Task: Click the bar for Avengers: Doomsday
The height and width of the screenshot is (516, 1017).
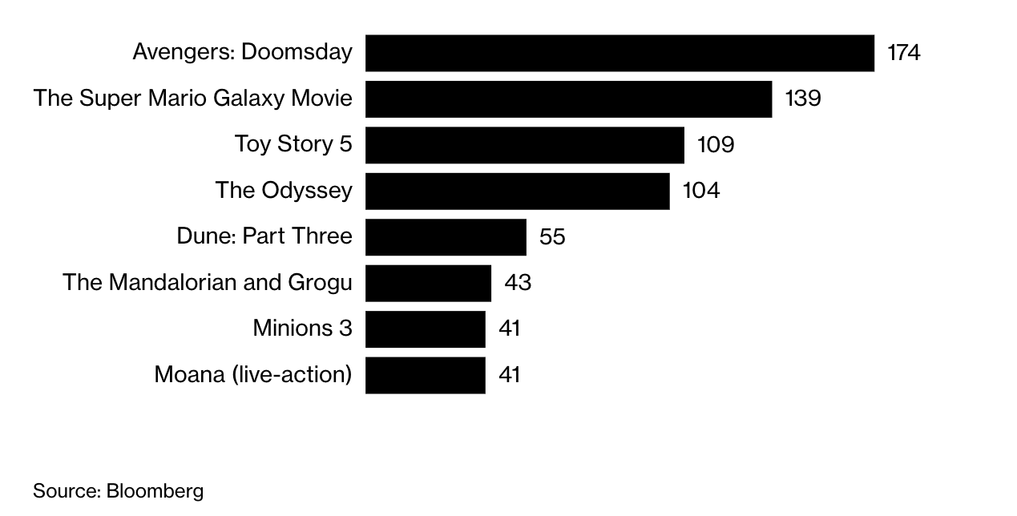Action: point(619,53)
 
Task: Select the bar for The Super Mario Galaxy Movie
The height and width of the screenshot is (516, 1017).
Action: point(568,99)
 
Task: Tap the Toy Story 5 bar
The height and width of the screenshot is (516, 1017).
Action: point(525,145)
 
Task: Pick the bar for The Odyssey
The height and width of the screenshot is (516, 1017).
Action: point(517,191)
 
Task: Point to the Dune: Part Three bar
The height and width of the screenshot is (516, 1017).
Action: point(446,237)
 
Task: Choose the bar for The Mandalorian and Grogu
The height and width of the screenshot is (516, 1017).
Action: point(428,283)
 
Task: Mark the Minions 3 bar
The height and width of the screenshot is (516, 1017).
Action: point(425,329)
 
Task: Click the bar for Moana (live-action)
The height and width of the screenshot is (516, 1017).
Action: point(425,375)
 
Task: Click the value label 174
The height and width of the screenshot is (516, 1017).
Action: point(903,53)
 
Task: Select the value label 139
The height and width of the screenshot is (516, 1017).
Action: point(803,99)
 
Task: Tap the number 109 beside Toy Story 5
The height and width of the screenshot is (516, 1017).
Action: point(716,145)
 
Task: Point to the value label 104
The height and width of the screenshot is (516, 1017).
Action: point(700,191)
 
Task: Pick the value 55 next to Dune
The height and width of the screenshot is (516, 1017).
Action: point(552,237)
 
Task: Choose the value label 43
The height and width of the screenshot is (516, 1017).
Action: point(518,283)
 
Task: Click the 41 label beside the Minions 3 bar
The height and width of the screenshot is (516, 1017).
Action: point(509,329)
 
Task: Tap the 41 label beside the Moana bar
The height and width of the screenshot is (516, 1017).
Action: point(509,375)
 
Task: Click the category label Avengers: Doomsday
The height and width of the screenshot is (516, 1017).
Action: point(242,53)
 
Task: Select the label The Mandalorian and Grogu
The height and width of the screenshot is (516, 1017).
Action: point(207,283)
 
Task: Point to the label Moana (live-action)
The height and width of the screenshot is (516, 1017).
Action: point(252,375)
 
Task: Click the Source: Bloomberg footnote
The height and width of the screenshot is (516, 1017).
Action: point(119,491)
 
